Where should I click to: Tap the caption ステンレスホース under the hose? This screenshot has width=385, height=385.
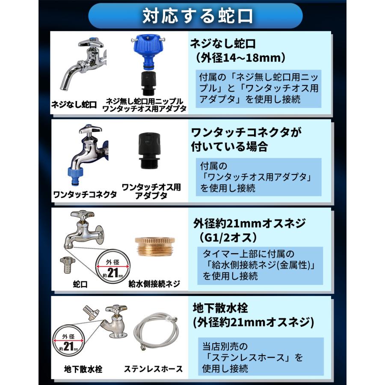click(x=153, y=368)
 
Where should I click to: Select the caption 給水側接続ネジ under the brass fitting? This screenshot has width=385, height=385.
click(x=154, y=283)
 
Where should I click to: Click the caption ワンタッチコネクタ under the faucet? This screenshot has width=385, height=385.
click(x=85, y=194)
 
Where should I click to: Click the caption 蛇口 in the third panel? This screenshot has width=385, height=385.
click(x=80, y=283)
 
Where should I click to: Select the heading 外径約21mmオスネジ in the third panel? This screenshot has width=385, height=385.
click(x=249, y=223)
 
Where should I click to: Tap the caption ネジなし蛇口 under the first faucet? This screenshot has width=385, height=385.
click(x=74, y=104)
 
